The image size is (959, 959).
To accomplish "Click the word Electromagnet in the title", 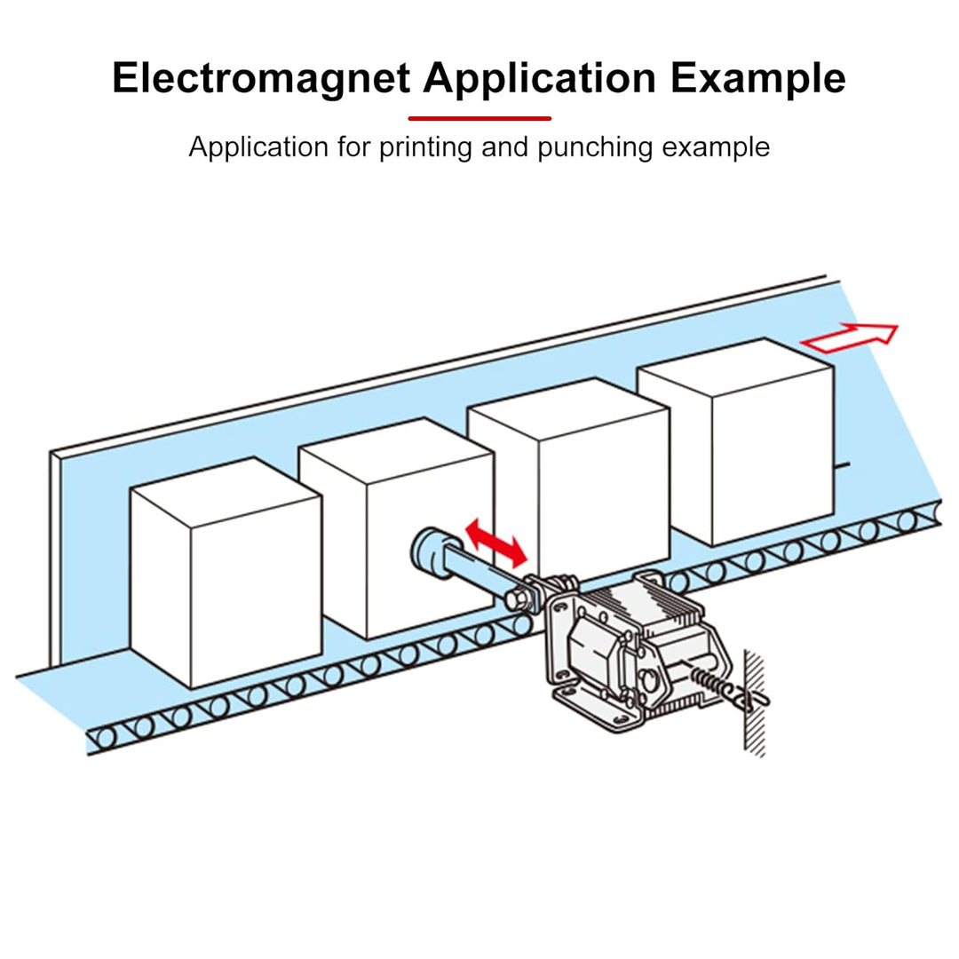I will (x=261, y=79).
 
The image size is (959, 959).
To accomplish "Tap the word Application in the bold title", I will (x=540, y=79).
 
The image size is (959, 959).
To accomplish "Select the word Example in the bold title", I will (x=757, y=79).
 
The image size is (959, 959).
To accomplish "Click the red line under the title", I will (x=479, y=118).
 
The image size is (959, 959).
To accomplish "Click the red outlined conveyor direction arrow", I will (x=849, y=338).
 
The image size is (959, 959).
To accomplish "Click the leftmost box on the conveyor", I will (x=226, y=573).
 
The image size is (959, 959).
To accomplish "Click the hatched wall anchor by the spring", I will (x=754, y=701).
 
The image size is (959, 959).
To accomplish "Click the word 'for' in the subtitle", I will (x=355, y=147).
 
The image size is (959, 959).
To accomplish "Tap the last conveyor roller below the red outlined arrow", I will (x=907, y=520).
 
